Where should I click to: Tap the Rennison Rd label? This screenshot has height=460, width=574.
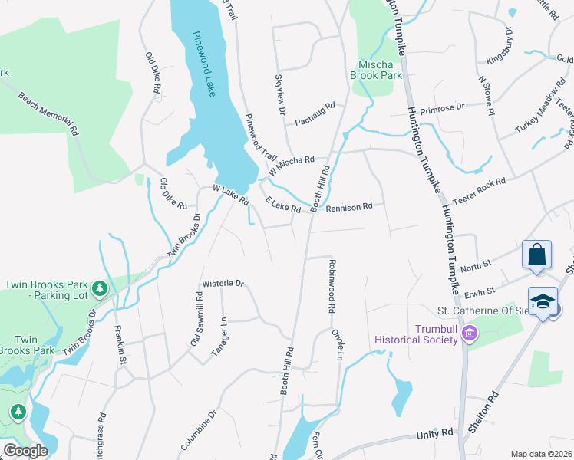tap(349, 207)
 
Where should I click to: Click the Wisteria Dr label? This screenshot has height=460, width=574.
tap(223, 283)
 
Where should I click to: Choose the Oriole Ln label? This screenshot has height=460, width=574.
tap(335, 344)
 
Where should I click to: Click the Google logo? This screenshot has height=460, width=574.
tap(25, 451)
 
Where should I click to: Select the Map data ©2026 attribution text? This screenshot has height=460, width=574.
tap(541, 454)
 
